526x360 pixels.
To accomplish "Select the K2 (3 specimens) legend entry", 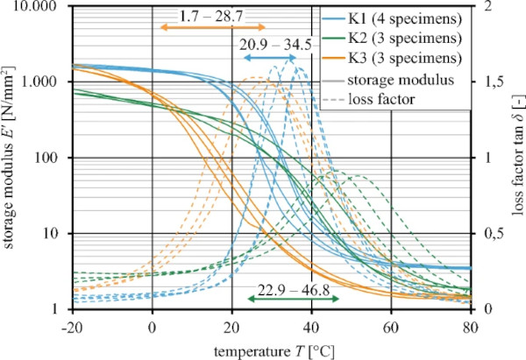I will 403,40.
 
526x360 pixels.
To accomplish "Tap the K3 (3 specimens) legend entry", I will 403,60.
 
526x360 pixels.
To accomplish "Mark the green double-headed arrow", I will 293,300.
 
